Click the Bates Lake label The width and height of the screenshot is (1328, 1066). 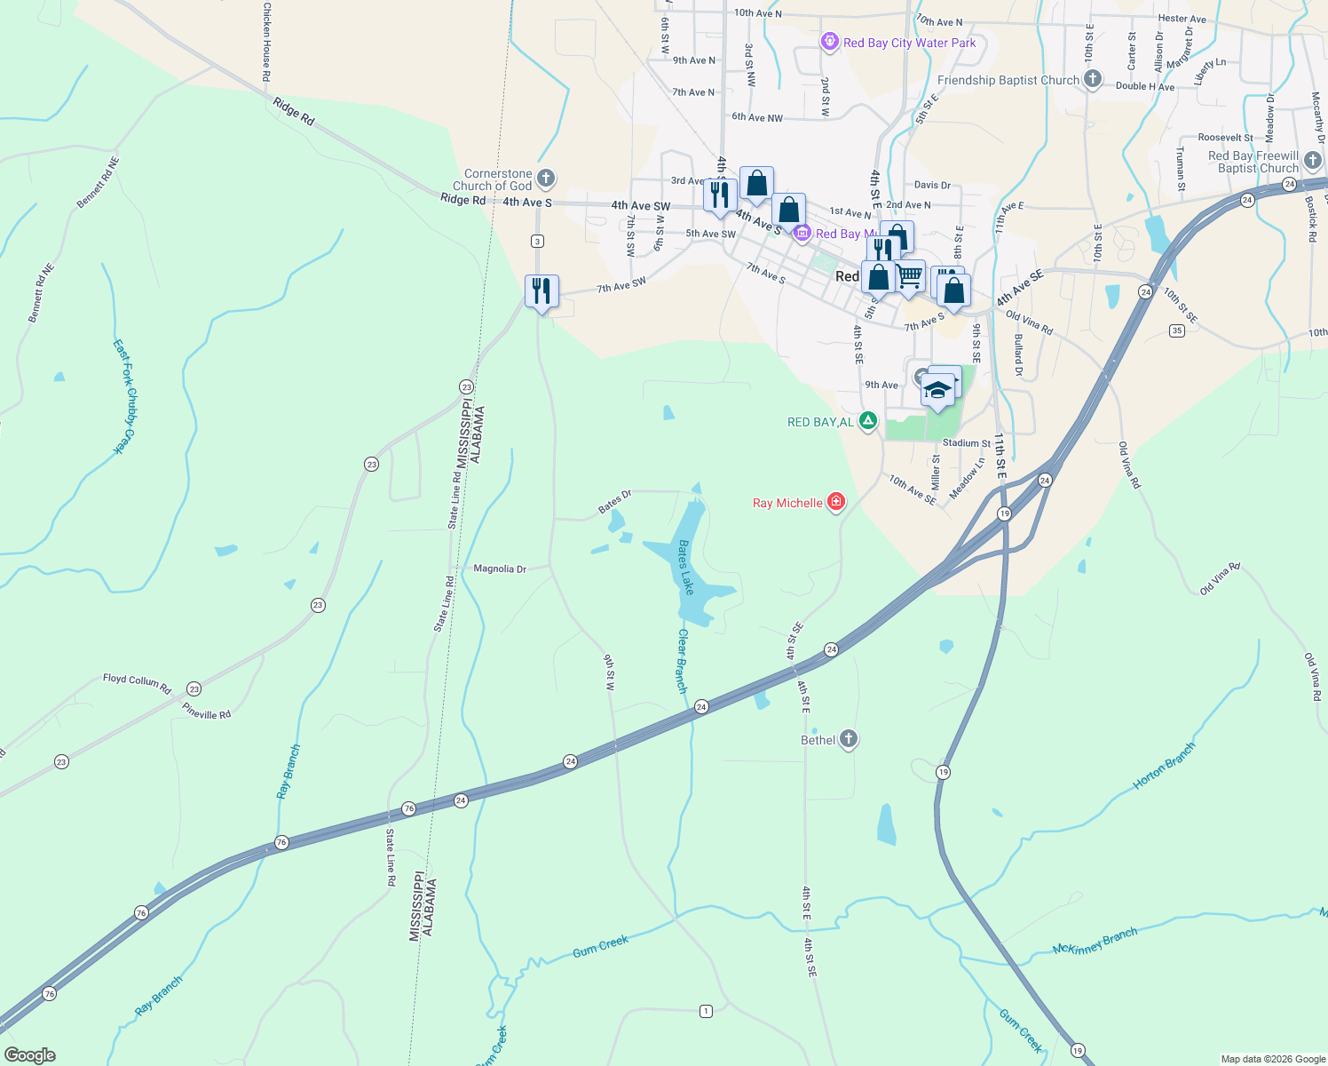pyautogui.click(x=685, y=567)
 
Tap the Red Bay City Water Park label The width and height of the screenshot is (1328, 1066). pyautogui.click(x=909, y=43)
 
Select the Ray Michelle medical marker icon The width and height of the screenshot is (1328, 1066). pyautogui.click(x=835, y=502)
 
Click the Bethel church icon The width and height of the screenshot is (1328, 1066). pyautogui.click(x=849, y=739)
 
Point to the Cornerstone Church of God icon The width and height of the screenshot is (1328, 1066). pyautogui.click(x=546, y=179)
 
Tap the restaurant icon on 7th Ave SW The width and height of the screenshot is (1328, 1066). pyautogui.click(x=541, y=291)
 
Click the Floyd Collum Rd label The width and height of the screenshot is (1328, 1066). pyautogui.click(x=137, y=681)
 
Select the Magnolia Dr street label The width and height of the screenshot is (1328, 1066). pyautogui.click(x=500, y=569)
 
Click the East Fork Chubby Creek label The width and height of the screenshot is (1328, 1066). pyautogui.click(x=124, y=396)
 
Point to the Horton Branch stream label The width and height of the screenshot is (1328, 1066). pyautogui.click(x=1164, y=767)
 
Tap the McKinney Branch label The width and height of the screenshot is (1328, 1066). pyautogui.click(x=1095, y=942)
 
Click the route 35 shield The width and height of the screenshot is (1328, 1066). pyautogui.click(x=1177, y=330)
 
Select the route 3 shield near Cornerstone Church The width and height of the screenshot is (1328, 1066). pyautogui.click(x=537, y=242)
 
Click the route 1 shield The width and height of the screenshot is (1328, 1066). pyautogui.click(x=706, y=1011)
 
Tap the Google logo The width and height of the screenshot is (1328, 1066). pyautogui.click(x=30, y=1055)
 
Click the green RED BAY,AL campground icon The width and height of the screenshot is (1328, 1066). pyautogui.click(x=868, y=421)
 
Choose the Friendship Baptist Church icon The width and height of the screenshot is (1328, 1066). pyautogui.click(x=1093, y=79)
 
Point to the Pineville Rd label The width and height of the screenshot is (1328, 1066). pyautogui.click(x=206, y=710)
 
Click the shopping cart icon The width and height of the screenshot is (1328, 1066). pyautogui.click(x=909, y=276)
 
